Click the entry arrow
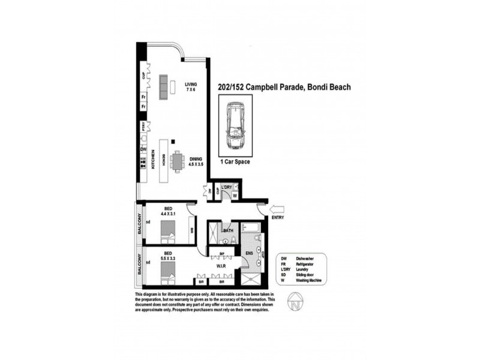point(277,209)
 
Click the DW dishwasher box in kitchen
point(143,149)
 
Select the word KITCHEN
point(153,159)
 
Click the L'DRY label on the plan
point(226,188)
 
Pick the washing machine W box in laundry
point(235,195)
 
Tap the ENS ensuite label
point(248,254)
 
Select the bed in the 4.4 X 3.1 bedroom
point(167,231)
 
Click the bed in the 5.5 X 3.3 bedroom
point(167,273)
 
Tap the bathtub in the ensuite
point(248,229)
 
